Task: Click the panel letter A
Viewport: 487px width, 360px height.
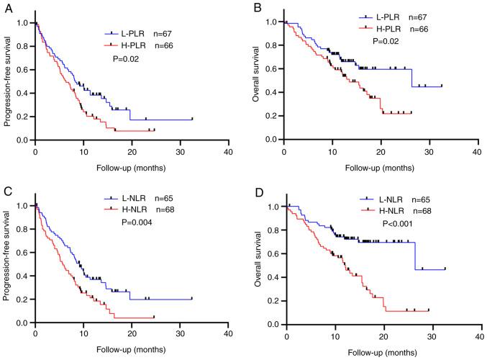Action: click(x=6, y=9)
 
